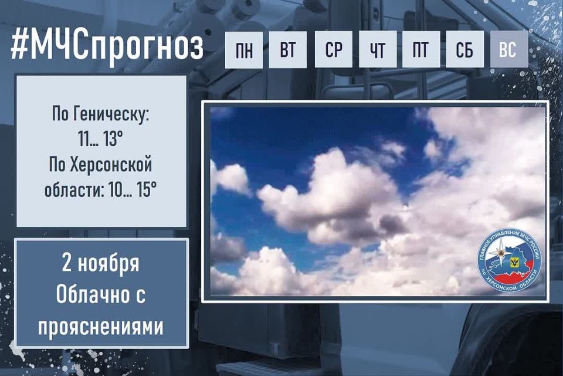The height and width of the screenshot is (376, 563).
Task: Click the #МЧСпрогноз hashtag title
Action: point(107,48)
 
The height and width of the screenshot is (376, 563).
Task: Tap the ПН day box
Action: point(245,50)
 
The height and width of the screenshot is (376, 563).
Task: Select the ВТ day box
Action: point(288,50)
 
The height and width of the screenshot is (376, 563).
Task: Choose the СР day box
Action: point(334,50)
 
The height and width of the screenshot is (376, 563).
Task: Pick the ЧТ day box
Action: point(378,50)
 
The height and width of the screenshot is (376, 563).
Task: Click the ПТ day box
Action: point(420,50)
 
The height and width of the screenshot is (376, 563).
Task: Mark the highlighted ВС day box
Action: point(508,50)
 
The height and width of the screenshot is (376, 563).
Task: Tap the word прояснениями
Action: point(101,325)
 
